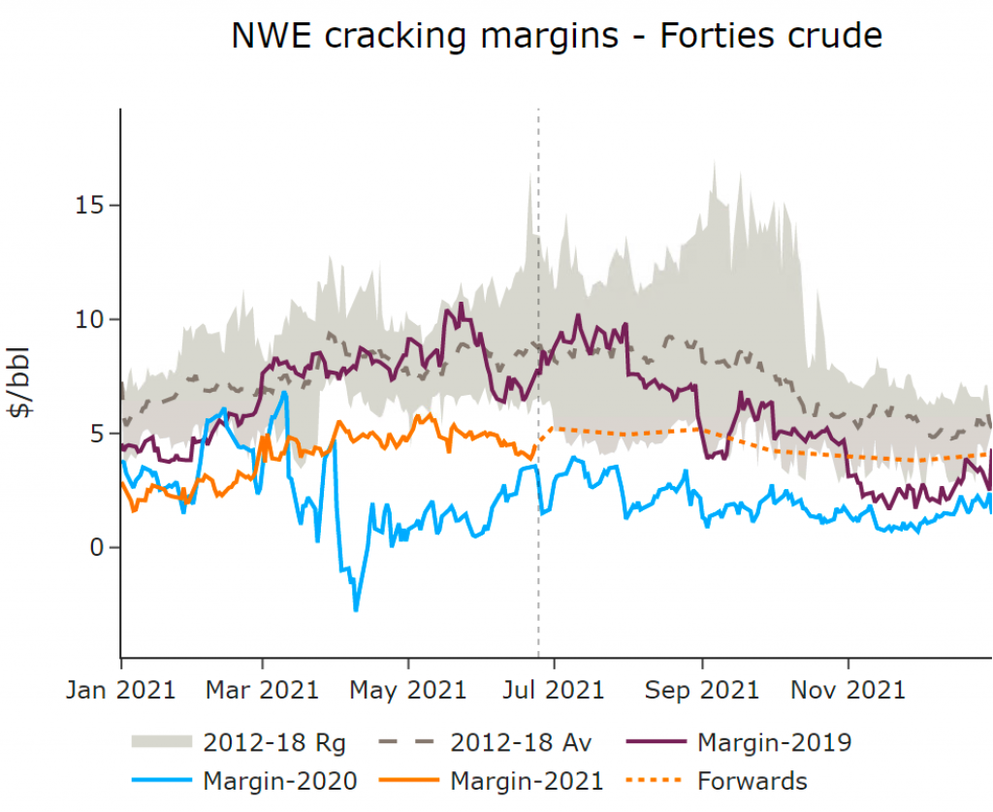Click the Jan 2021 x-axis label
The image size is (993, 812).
click(x=121, y=690)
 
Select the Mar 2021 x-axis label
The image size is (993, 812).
click(x=263, y=690)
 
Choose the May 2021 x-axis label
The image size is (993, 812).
click(x=408, y=690)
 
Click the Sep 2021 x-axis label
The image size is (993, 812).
click(x=702, y=690)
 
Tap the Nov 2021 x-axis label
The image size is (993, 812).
click(x=849, y=690)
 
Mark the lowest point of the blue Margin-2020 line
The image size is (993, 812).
click(x=356, y=610)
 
